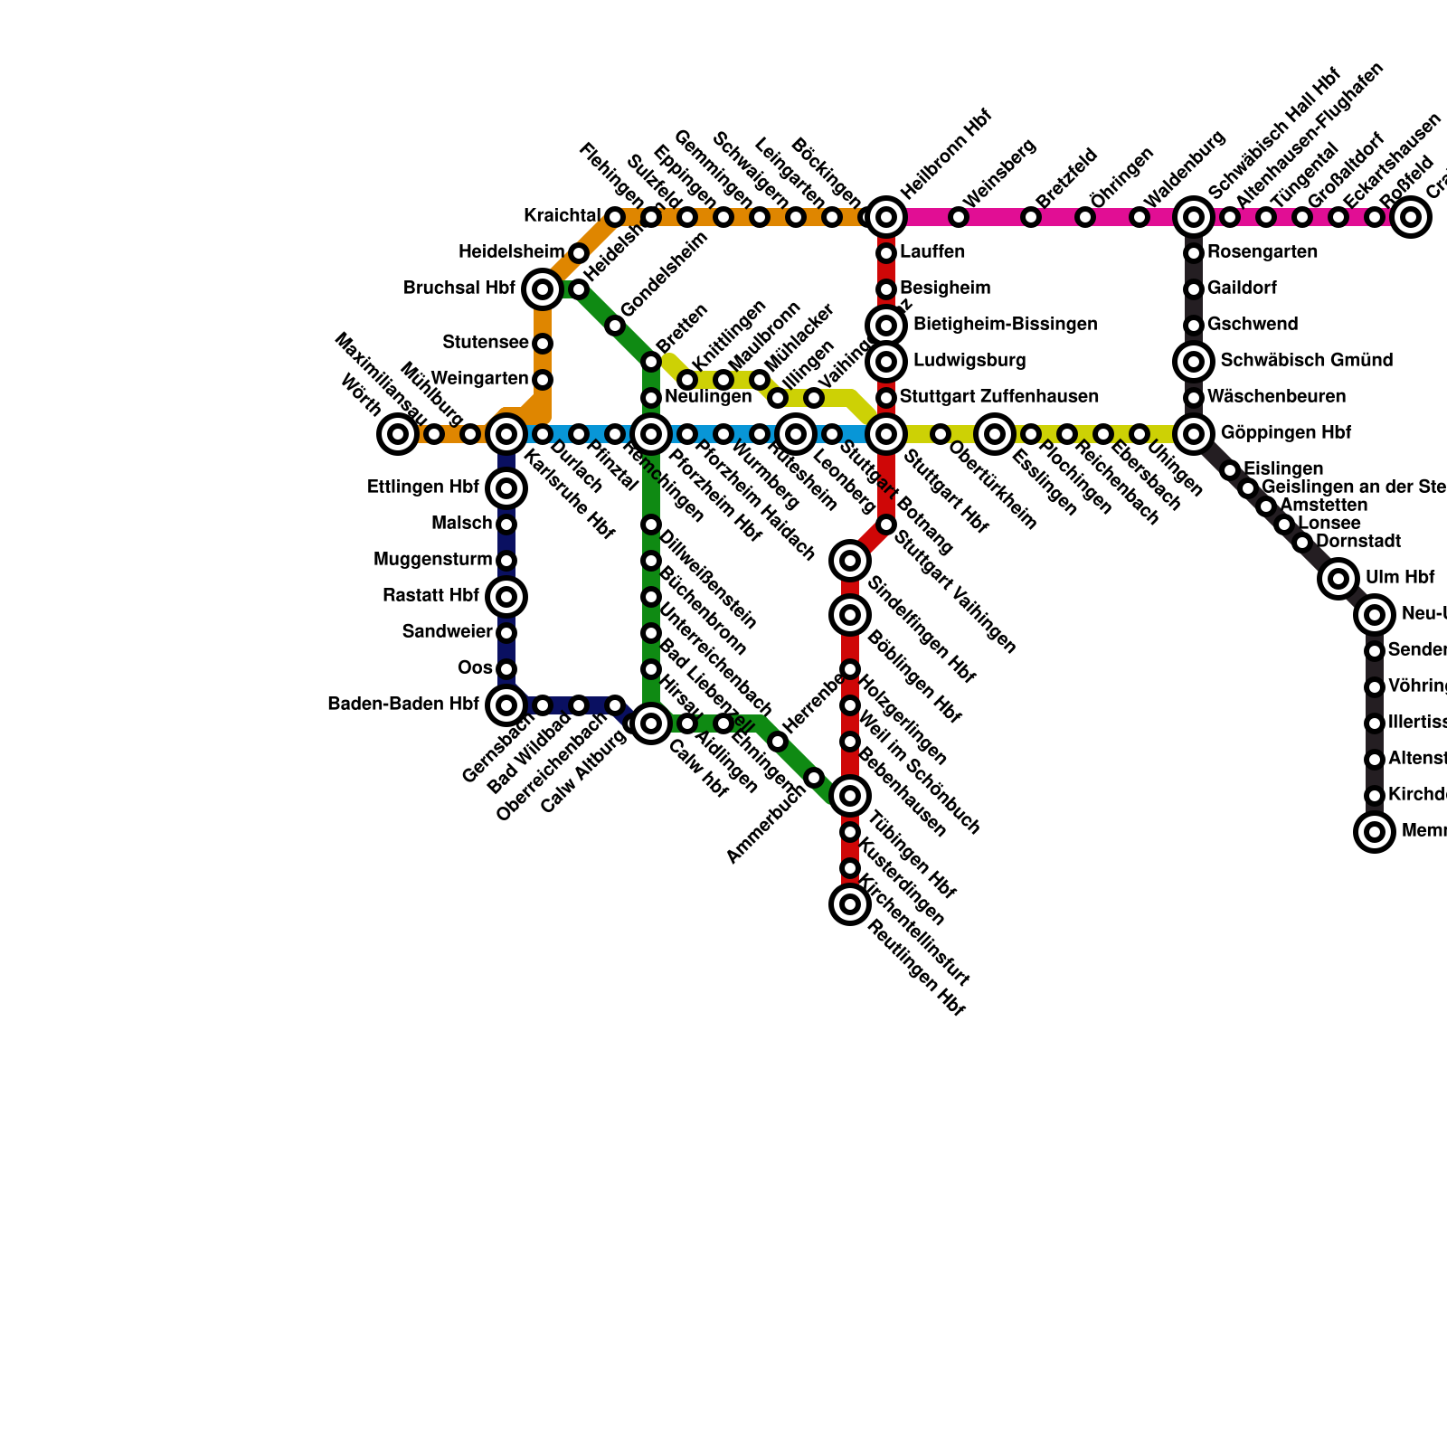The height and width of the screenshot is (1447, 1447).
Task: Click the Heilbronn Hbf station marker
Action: point(886,217)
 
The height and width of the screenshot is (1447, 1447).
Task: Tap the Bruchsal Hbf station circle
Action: point(543,289)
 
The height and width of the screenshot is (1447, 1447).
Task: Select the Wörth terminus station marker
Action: point(398,434)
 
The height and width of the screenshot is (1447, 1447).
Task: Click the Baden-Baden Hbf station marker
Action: point(506,705)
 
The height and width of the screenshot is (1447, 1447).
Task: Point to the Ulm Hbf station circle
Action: point(1338,578)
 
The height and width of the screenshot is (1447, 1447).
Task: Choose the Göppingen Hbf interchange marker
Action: point(1194,434)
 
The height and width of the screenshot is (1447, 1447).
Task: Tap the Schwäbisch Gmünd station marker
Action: point(1194,362)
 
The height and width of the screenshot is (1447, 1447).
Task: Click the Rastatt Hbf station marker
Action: point(506,596)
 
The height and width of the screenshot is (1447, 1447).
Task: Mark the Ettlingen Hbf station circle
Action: point(506,488)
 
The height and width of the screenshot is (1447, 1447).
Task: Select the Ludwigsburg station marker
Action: point(886,362)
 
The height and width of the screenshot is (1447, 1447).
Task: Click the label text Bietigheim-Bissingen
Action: point(1005,324)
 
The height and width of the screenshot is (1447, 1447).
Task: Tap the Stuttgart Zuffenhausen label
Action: point(998,396)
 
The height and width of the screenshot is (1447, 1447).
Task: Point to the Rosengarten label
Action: point(1262,251)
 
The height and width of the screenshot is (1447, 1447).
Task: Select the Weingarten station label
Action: point(479,377)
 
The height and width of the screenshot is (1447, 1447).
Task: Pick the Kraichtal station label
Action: point(562,215)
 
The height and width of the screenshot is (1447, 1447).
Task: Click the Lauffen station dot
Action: point(886,253)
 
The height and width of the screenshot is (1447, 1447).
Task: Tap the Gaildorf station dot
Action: point(1194,289)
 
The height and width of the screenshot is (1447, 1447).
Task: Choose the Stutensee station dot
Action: point(543,344)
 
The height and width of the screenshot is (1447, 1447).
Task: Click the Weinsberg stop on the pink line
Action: point(959,217)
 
